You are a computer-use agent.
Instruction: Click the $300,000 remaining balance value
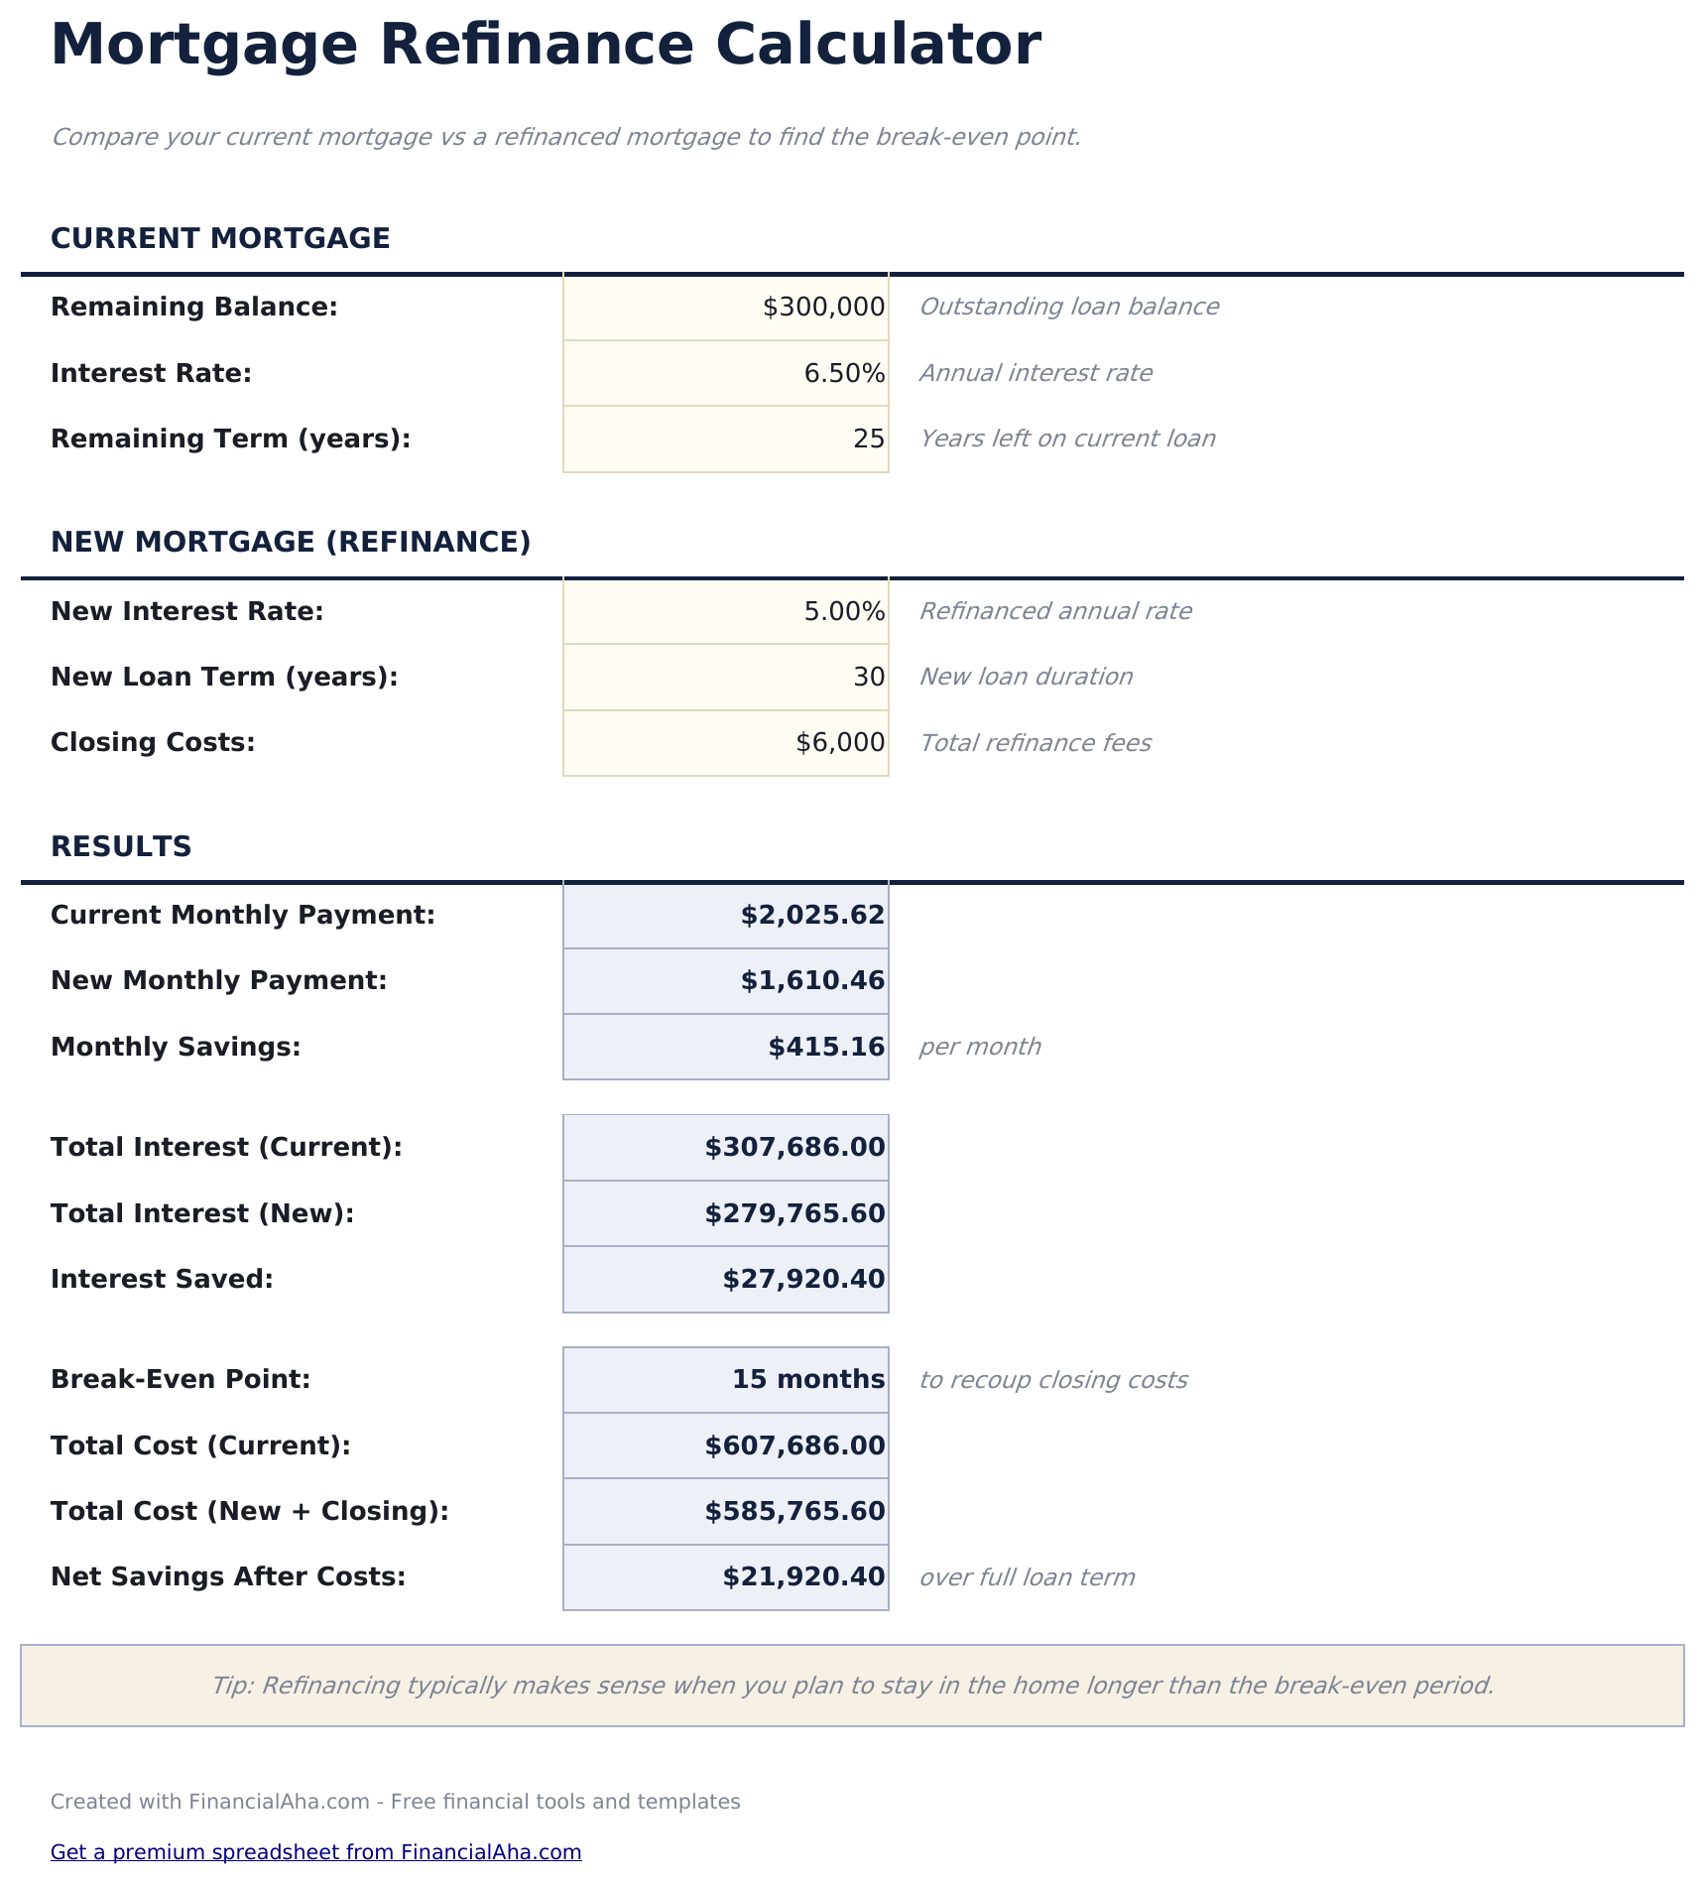823,308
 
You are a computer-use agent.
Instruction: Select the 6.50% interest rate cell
843,374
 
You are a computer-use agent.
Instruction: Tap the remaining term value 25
868,440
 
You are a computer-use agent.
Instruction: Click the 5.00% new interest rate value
843,612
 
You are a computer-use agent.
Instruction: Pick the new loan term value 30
868,678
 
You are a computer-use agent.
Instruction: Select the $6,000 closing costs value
839,743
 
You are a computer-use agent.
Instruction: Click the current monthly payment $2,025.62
812,916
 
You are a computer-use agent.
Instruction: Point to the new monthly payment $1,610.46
812,981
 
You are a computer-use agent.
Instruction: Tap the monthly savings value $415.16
826,1048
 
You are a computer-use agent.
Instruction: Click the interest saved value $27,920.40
803,1280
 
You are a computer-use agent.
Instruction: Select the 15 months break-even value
807,1380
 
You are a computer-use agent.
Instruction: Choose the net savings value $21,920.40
803,1577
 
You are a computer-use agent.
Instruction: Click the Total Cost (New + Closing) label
250,1512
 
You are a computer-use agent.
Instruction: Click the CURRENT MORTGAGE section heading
220,239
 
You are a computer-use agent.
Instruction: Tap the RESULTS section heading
121,847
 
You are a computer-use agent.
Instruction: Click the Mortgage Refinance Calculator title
546,46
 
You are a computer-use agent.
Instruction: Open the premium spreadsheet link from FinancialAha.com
315,1852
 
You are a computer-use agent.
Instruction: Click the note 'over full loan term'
1027,1577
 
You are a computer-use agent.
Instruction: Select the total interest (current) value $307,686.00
794,1148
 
